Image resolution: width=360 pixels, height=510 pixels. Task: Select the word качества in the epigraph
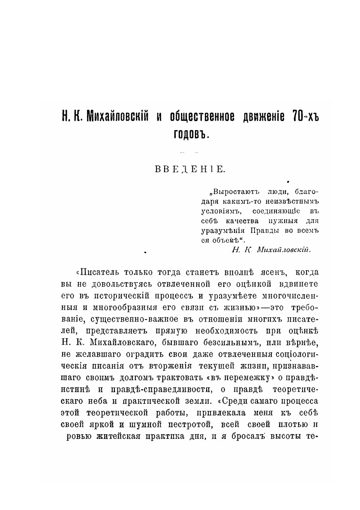tap(243, 221)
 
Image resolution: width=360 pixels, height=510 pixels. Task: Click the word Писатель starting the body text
tap(99, 273)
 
